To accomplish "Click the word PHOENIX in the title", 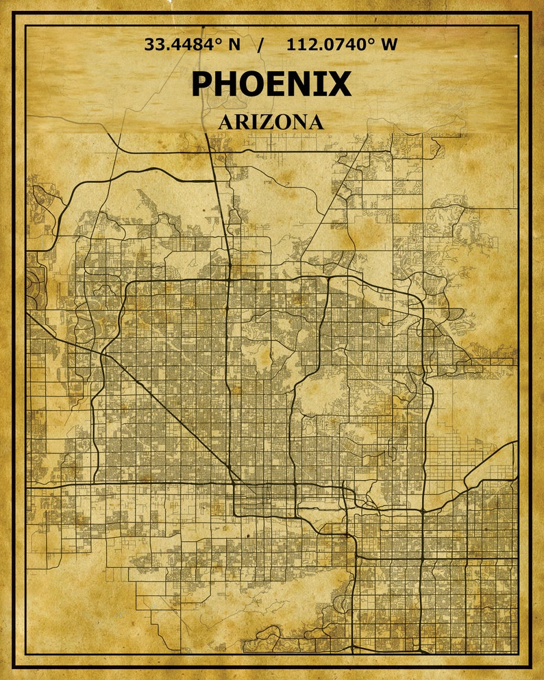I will (271, 84).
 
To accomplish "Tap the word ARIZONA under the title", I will (271, 123).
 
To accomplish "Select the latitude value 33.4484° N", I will (193, 45).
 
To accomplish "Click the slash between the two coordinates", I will (260, 45).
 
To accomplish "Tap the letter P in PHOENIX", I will (203, 84).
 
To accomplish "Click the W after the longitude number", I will (388, 45).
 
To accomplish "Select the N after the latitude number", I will (234, 45).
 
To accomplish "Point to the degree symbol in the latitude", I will (221, 42).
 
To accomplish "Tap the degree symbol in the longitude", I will (373, 42).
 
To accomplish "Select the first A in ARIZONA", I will (227, 123).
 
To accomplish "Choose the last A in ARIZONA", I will (314, 123).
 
